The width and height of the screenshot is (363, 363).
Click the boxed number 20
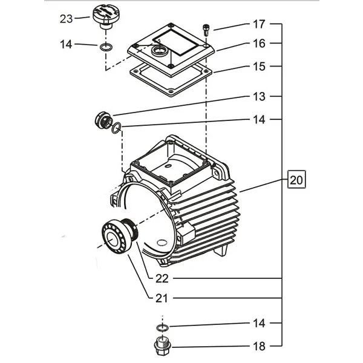(x=296, y=180)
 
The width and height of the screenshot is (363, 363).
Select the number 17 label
(x=258, y=25)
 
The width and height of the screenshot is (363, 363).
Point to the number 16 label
(x=258, y=44)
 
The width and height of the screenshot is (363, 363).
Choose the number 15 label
(x=258, y=66)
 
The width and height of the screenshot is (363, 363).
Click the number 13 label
(x=258, y=97)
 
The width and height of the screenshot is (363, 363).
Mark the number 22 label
(x=162, y=278)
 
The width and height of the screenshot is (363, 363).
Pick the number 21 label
(x=162, y=298)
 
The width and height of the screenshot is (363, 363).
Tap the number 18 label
(x=258, y=348)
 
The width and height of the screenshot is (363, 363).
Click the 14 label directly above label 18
(x=258, y=324)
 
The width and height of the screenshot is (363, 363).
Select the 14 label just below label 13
(x=258, y=120)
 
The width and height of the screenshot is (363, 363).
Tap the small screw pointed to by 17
(x=207, y=29)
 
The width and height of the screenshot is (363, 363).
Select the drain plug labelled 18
(x=162, y=348)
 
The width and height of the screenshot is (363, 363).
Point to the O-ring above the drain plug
(x=162, y=327)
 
